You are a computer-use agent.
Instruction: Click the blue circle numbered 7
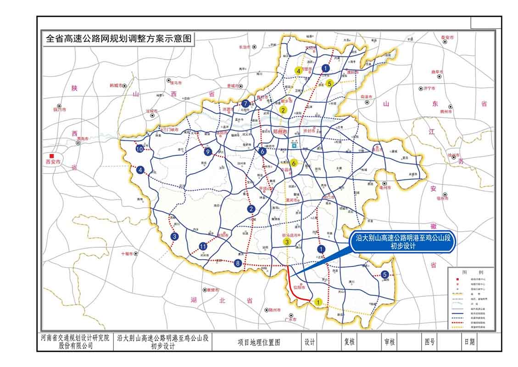tap(246, 104)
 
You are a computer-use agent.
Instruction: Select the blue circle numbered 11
tap(203, 246)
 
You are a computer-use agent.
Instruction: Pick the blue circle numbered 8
tap(237, 263)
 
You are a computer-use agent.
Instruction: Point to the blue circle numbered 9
tap(208, 152)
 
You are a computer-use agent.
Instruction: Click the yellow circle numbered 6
tap(294, 162)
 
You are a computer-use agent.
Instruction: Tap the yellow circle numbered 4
tap(298, 71)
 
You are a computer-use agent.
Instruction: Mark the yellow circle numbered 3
tap(287, 242)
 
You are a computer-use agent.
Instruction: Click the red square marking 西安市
tap(55, 156)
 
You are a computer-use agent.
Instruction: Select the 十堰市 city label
tap(127, 253)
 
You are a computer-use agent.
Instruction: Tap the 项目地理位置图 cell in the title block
tap(259, 342)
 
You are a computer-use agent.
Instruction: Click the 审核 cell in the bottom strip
tap(390, 342)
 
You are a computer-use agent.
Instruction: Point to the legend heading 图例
tap(471, 271)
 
